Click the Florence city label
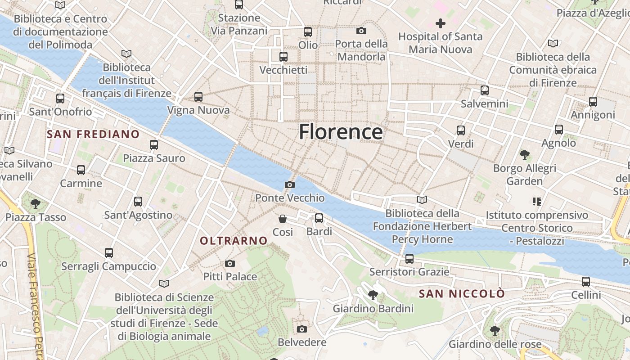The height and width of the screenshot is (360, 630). pyautogui.click(x=341, y=132)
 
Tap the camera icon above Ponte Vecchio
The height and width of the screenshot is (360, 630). pyautogui.click(x=290, y=184)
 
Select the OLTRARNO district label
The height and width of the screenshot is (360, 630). pyautogui.click(x=234, y=241)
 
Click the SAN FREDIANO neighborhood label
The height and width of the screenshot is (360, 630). pyautogui.click(x=93, y=134)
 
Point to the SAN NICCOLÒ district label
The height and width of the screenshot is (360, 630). pyautogui.click(x=462, y=294)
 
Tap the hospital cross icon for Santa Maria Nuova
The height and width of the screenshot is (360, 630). pyautogui.click(x=440, y=23)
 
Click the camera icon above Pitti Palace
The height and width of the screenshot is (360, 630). pyautogui.click(x=230, y=263)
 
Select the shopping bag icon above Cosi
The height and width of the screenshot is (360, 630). pyautogui.click(x=283, y=219)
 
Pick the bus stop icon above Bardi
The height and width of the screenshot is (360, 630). pyautogui.click(x=319, y=218)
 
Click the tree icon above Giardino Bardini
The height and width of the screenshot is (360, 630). pyautogui.click(x=373, y=295)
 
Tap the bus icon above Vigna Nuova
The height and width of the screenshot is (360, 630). pyautogui.click(x=198, y=96)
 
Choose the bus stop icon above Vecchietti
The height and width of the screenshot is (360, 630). pyautogui.click(x=283, y=57)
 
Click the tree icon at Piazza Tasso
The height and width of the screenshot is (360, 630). pyautogui.click(x=36, y=204)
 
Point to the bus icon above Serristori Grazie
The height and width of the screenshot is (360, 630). pyautogui.click(x=409, y=259)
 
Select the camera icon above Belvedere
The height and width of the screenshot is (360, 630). pyautogui.click(x=302, y=329)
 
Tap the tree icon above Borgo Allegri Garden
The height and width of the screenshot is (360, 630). pyautogui.click(x=524, y=155)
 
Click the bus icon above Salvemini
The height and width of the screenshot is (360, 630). pyautogui.click(x=485, y=90)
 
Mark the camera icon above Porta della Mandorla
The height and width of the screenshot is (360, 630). pyautogui.click(x=361, y=31)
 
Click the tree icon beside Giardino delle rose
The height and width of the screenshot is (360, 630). pyautogui.click(x=495, y=331)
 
